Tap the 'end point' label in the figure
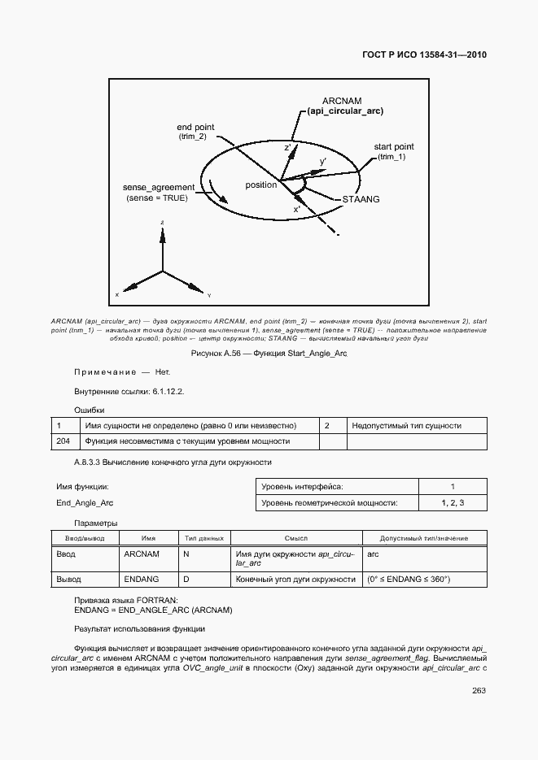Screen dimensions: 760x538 [x=195, y=128]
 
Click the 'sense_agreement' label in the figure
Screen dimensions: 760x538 [x=158, y=187]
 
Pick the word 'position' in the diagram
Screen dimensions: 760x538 [x=261, y=185]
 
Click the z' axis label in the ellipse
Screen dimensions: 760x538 [x=287, y=149]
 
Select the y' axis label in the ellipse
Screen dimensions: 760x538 [x=323, y=162]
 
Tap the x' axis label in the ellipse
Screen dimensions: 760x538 [x=298, y=209]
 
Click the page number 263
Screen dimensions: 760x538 [x=479, y=691]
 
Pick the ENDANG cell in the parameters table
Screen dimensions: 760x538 [x=141, y=579]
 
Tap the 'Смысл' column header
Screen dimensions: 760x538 [x=295, y=538]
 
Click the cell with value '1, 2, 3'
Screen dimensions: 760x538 [x=452, y=503]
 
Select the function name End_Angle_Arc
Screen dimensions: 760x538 [x=85, y=503]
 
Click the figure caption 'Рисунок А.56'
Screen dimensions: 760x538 [x=269, y=354]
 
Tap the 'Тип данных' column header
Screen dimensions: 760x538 [x=203, y=538]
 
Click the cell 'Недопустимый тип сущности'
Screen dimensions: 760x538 [x=406, y=425]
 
